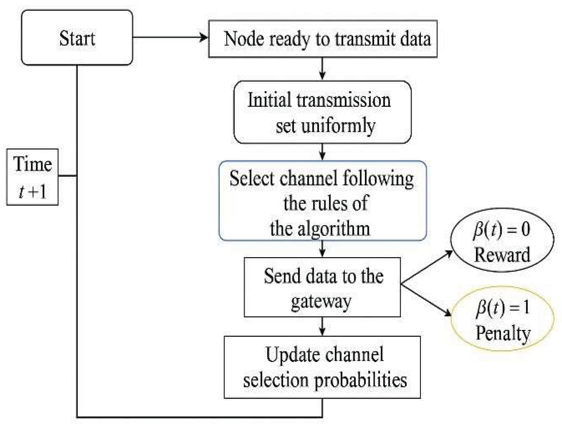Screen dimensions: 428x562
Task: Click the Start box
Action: click(x=77, y=37)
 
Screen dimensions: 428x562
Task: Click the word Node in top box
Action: click(x=244, y=39)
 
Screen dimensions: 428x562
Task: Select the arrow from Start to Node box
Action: click(x=170, y=37)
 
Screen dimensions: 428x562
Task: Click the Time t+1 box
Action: click(x=32, y=177)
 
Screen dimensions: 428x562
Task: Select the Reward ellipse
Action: click(x=502, y=240)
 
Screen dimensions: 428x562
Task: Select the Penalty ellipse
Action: click(x=502, y=318)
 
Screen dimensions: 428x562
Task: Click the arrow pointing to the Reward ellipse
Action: click(x=427, y=267)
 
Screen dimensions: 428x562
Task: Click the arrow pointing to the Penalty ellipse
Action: click(x=427, y=300)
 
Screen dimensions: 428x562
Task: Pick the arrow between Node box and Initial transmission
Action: click(x=322, y=69)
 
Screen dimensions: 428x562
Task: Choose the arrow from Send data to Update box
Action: click(x=322, y=326)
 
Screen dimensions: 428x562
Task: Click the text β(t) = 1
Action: click(x=502, y=307)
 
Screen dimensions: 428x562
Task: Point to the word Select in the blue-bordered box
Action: click(x=252, y=178)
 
